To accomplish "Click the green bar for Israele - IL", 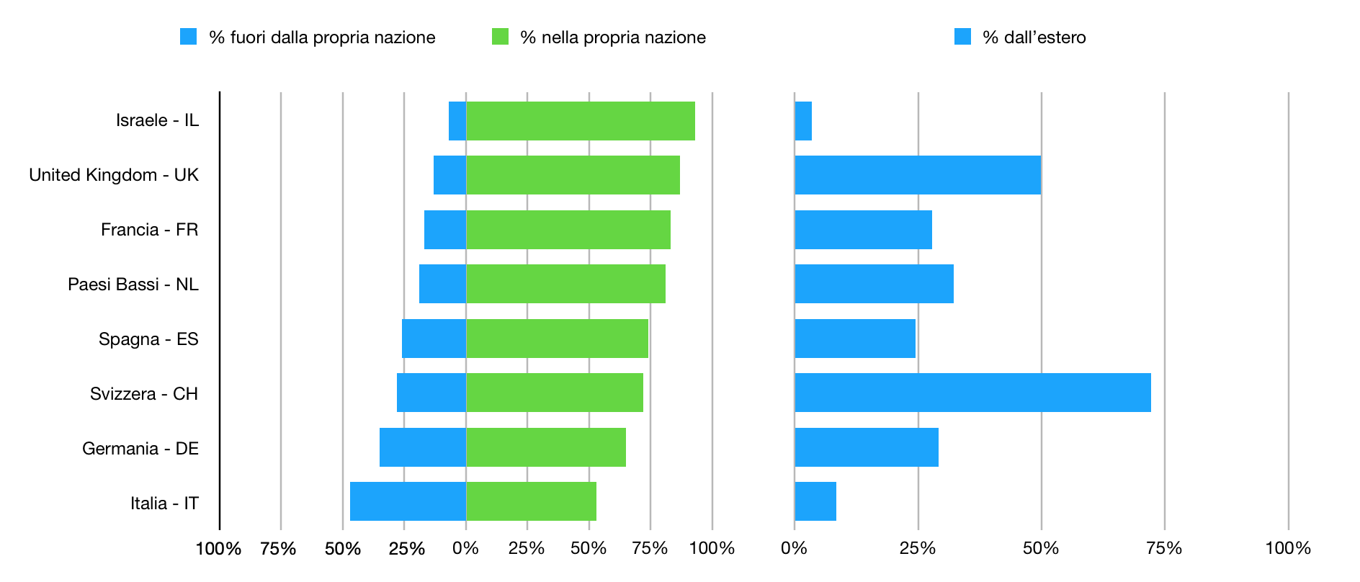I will (x=581, y=121).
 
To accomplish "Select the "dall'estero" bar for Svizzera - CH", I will (x=972, y=393).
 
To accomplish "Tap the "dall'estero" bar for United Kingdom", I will (x=918, y=175).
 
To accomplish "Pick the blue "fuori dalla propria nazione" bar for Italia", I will (x=408, y=501).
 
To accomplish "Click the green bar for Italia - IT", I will (x=531, y=501).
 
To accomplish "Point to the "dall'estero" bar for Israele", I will (x=803, y=121).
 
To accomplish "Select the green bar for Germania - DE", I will (x=546, y=447).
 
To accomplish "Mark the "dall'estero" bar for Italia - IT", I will (x=815, y=501).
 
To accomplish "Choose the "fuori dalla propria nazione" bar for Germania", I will (x=423, y=447).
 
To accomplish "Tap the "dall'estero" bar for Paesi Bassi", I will (x=874, y=284).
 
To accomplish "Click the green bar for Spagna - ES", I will (x=557, y=339).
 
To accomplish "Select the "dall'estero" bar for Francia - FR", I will (x=863, y=230).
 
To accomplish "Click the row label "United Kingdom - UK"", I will (x=114, y=175).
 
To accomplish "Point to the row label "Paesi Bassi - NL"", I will (x=133, y=285).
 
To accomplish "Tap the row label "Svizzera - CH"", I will (x=144, y=394).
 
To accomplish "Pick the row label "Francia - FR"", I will (x=150, y=230).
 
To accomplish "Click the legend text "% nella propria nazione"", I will (x=613, y=37).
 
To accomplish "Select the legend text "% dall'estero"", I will (x=1034, y=37).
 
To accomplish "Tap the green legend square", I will (x=500, y=37).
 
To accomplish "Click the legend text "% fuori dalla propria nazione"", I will (x=322, y=37).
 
